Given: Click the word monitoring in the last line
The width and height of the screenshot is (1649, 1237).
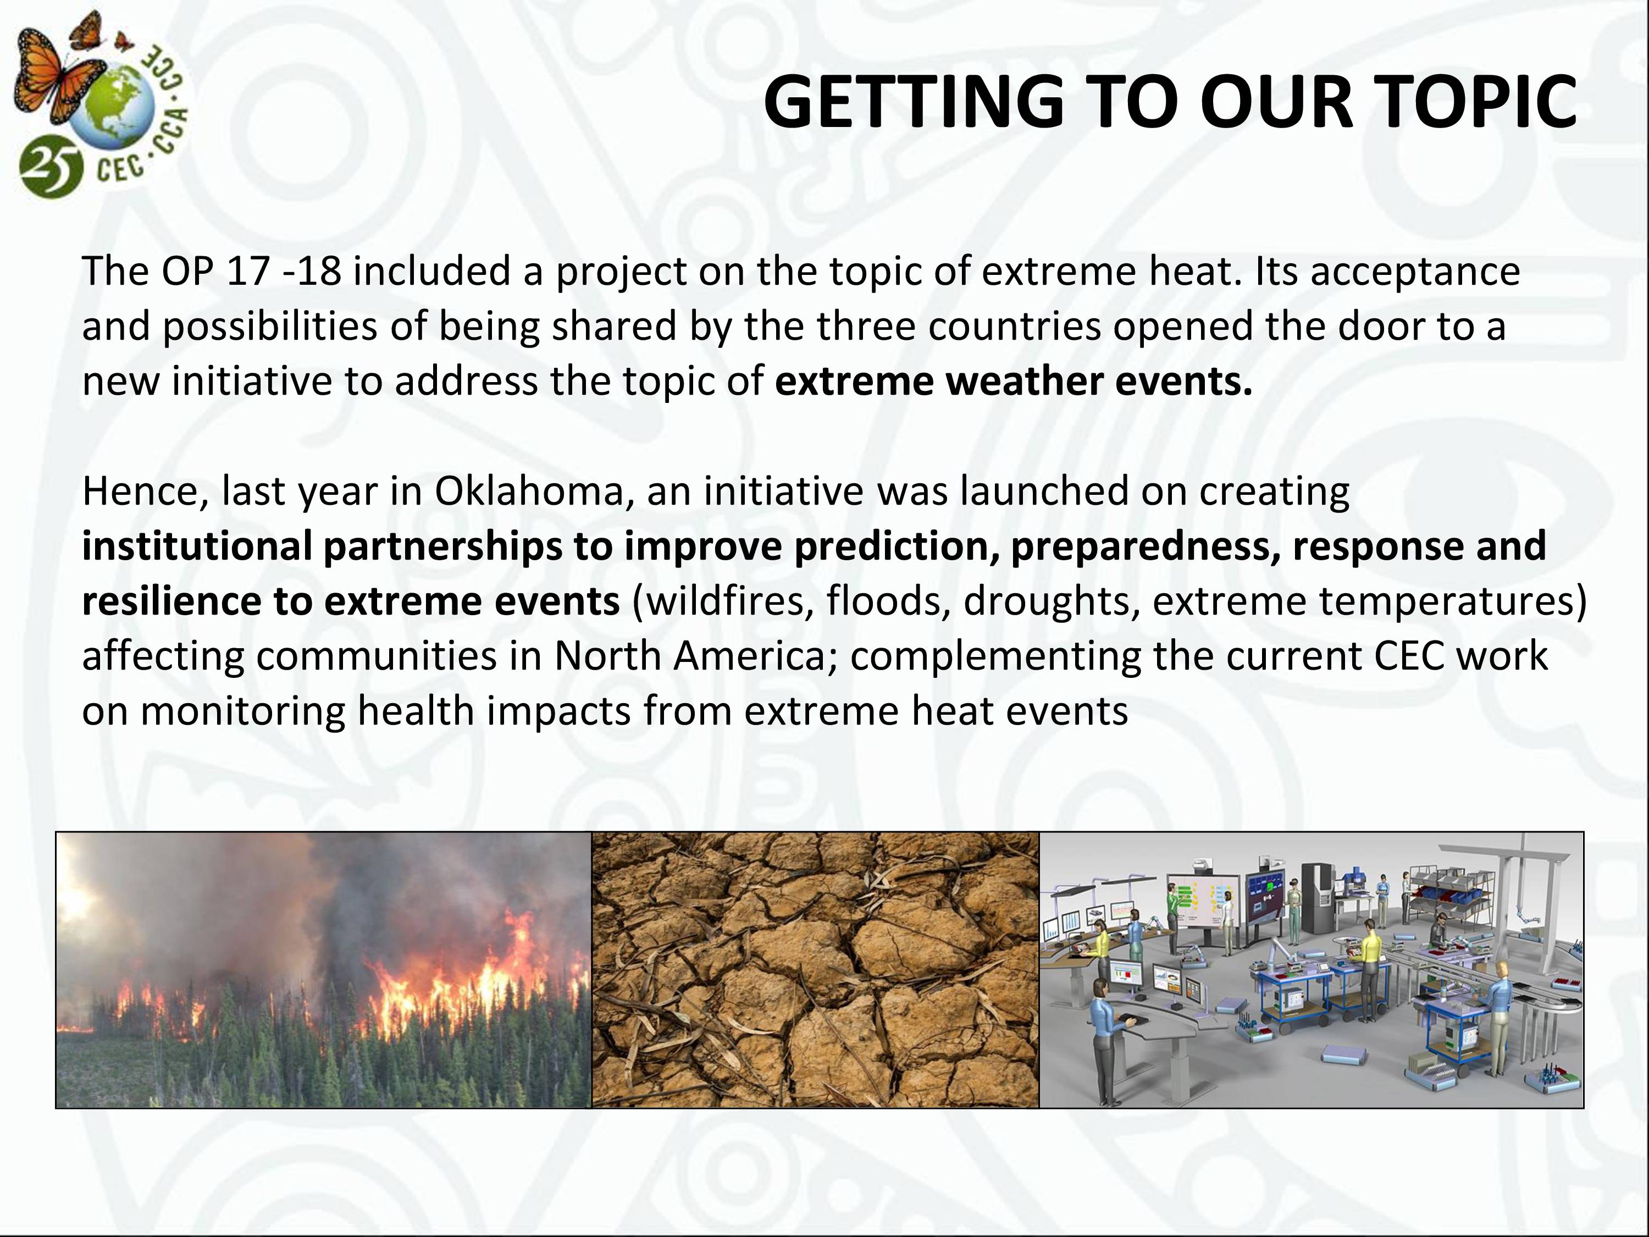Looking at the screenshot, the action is [242, 712].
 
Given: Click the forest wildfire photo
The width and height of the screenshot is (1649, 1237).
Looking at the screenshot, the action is [324, 969].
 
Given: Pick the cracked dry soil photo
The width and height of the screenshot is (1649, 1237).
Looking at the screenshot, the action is [815, 969].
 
